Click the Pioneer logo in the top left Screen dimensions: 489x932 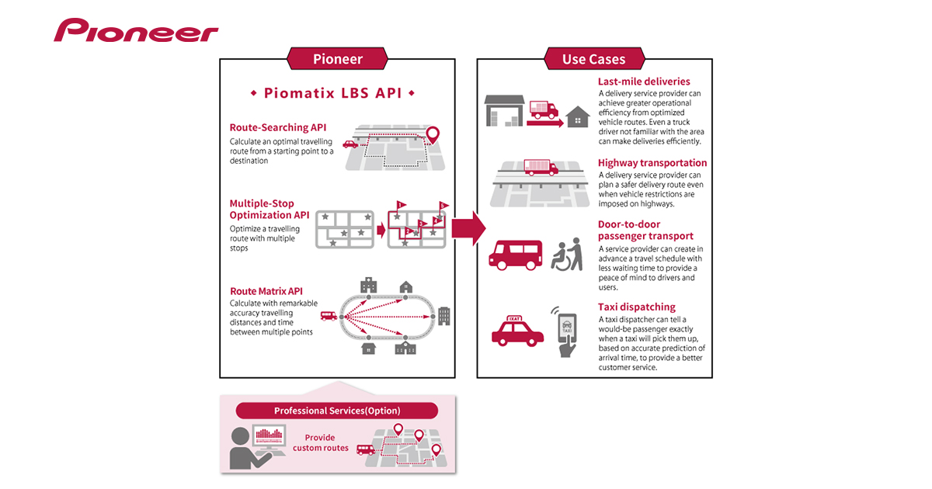136,31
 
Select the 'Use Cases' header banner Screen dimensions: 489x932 594,59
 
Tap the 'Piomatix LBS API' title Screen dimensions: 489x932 332,93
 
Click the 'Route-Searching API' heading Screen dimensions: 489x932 278,127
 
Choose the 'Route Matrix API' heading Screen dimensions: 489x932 266,291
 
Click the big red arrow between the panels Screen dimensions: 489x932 468,231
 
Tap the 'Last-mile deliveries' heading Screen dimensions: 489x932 643,81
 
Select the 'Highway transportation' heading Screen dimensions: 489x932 652,163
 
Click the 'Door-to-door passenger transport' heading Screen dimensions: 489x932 645,231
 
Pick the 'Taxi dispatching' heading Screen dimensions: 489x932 636,307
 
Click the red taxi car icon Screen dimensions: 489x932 517,331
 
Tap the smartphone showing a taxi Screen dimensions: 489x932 568,332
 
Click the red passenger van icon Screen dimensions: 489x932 514,254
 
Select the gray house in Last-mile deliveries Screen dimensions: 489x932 577,117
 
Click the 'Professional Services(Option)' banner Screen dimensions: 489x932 336,411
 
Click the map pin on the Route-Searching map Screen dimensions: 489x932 433,135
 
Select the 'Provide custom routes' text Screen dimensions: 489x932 321,442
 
